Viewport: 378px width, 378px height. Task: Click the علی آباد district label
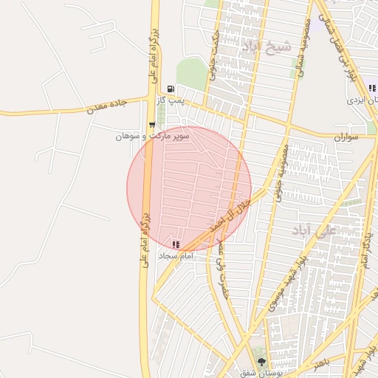pos(313,230)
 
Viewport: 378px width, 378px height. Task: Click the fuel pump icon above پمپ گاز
pos(171,88)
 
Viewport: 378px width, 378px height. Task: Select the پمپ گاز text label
pos(171,100)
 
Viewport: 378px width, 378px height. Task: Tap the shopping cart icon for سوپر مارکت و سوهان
pos(152,125)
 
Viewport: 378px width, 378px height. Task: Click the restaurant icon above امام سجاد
pos(175,244)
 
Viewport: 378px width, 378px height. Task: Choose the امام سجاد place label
pos(175,255)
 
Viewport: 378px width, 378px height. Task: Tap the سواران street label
pos(345,137)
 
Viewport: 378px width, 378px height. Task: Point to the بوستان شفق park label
pos(256,373)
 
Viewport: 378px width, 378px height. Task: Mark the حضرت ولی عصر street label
pos(220,258)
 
